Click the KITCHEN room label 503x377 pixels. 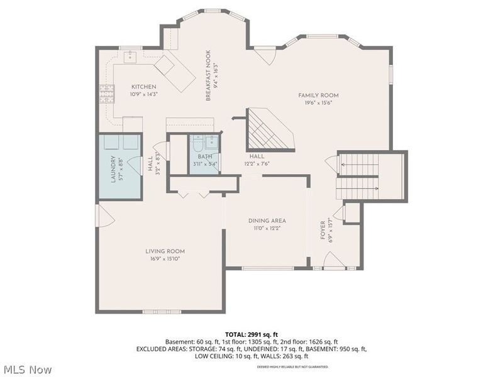click(144, 87)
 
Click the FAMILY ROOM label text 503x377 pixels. click(323, 96)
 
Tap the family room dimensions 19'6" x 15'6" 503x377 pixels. click(323, 103)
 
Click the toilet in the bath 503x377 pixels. click(199, 142)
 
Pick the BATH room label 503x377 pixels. click(205, 156)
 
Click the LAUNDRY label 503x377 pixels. click(114, 170)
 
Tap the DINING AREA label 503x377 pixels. click(267, 221)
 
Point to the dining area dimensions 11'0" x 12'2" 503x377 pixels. click(267, 228)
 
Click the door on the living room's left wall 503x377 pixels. click(103, 217)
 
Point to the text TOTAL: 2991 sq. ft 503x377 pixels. click(251, 334)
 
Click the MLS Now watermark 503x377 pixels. click(27, 369)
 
